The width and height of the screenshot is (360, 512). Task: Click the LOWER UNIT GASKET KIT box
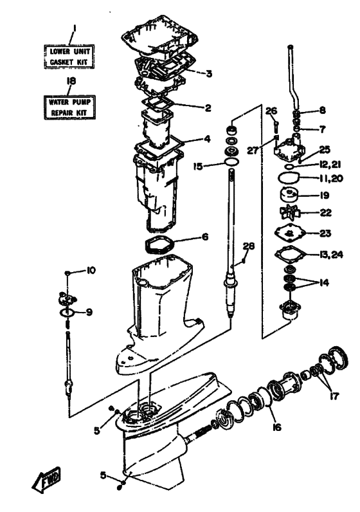pyautogui.click(x=69, y=57)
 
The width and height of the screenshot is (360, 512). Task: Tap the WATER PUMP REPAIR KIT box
pyautogui.click(x=69, y=107)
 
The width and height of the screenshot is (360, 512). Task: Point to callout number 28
pyautogui.click(x=249, y=246)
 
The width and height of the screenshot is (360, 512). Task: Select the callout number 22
pyautogui.click(x=325, y=212)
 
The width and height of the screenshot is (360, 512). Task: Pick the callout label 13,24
pyautogui.click(x=330, y=254)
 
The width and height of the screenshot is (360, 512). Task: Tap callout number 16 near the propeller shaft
pyautogui.click(x=277, y=427)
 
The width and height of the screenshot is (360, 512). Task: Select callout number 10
pyautogui.click(x=91, y=270)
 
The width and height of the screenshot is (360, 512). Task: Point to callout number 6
pyautogui.click(x=205, y=237)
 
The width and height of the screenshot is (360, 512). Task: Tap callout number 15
pyautogui.click(x=198, y=167)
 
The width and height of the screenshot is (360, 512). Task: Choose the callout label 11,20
pyautogui.click(x=330, y=179)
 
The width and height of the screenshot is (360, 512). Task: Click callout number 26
pyautogui.click(x=271, y=111)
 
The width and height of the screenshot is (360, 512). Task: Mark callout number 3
pyautogui.click(x=209, y=74)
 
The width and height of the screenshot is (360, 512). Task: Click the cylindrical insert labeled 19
pyautogui.click(x=289, y=196)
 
